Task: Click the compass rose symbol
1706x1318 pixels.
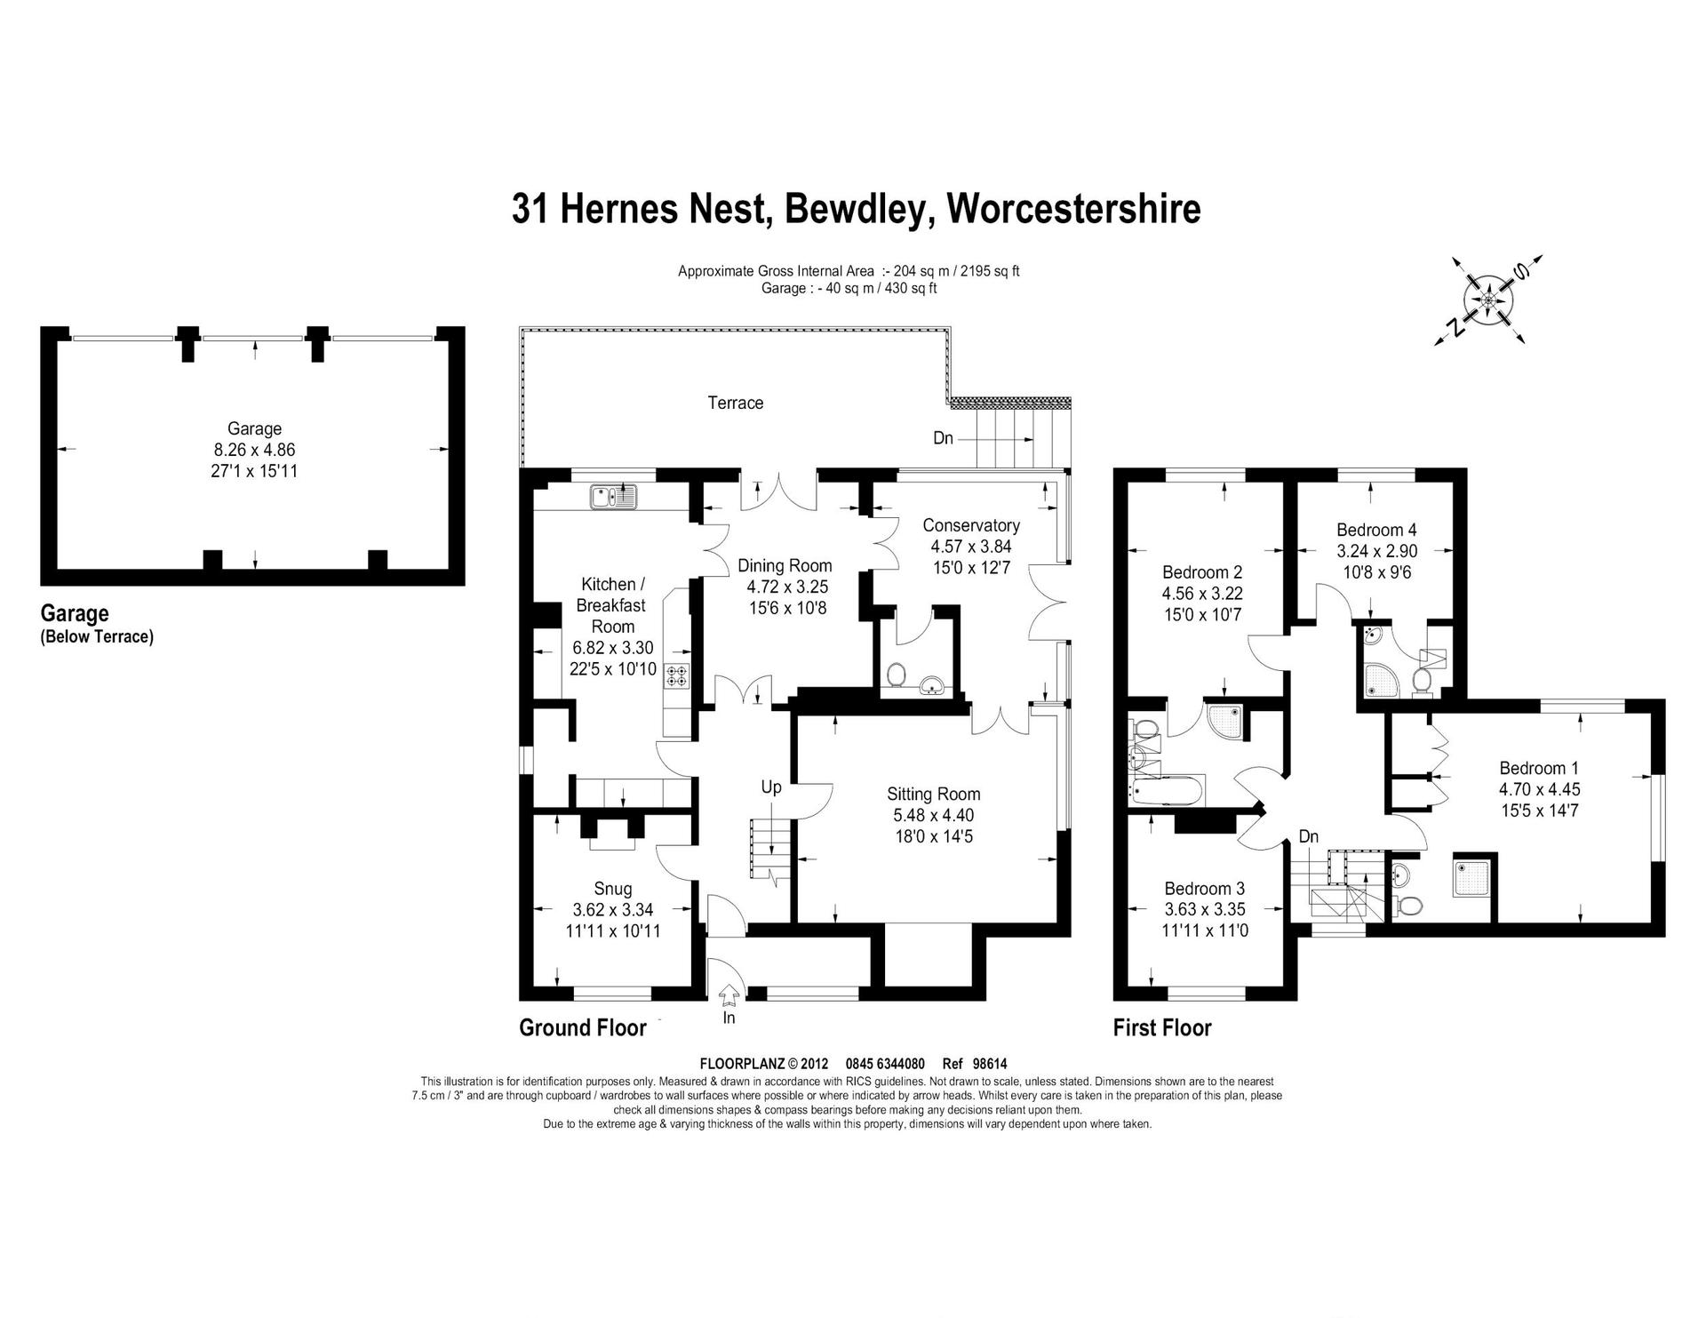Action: coord(1488,300)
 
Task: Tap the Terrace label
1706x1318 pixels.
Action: coord(736,403)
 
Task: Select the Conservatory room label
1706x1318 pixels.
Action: coord(971,525)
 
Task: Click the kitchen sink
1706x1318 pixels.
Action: coord(613,497)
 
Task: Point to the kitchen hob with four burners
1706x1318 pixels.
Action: coord(678,675)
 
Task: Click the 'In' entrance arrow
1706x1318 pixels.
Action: coord(729,992)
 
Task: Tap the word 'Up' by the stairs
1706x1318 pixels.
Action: coord(771,787)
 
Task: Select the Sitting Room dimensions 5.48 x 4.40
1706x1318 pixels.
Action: coord(934,815)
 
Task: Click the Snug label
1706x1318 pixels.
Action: coord(613,889)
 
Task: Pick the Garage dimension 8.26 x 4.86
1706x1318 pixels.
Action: coord(254,450)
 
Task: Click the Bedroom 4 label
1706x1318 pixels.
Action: coord(1376,530)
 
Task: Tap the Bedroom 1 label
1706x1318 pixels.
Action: coord(1540,768)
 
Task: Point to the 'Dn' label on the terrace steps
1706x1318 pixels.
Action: coord(943,438)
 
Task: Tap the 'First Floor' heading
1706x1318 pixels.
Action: coord(1162,1028)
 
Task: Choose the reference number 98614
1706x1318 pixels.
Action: coord(990,1064)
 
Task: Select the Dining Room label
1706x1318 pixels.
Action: coord(785,565)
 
